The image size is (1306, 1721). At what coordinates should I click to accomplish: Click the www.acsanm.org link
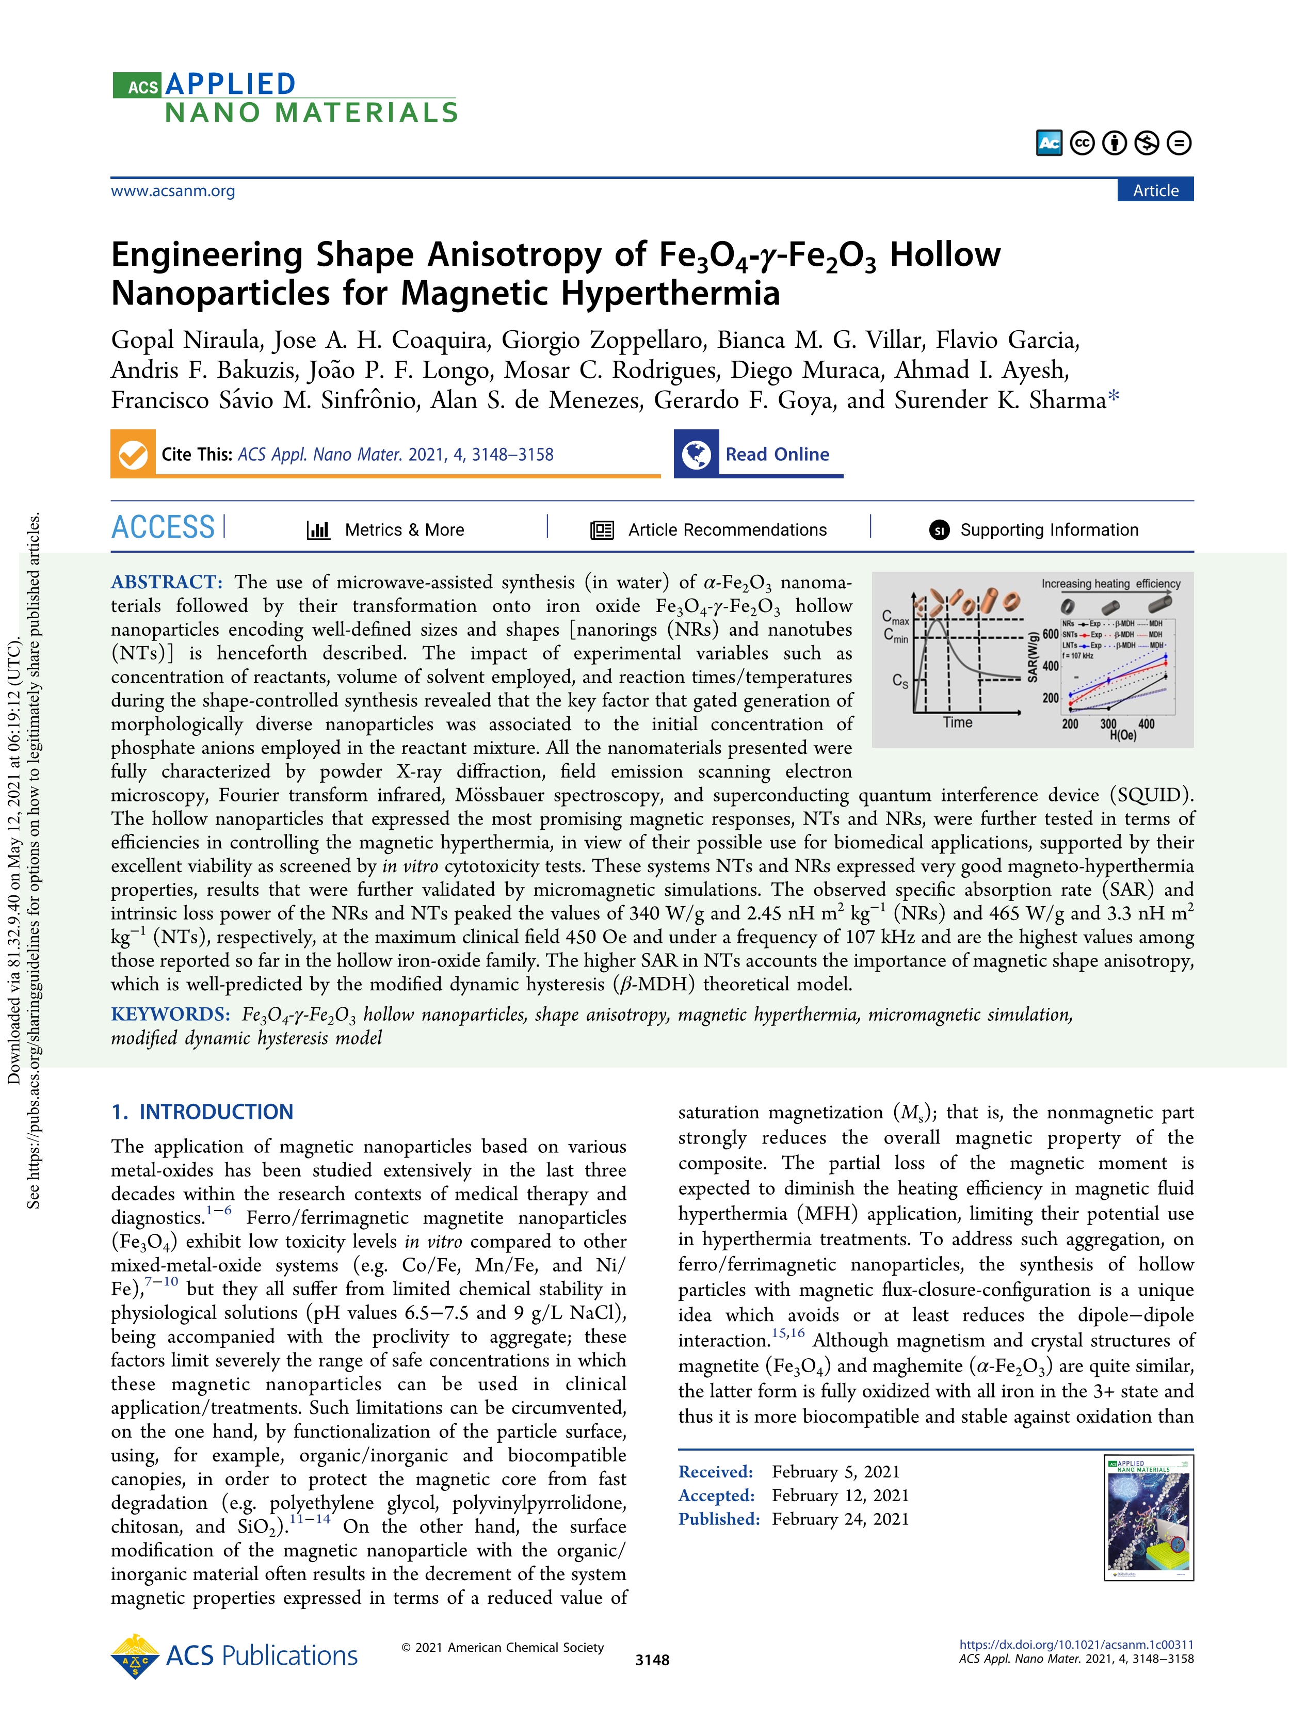(x=173, y=190)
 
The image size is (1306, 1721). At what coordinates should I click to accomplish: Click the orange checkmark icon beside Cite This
(x=133, y=454)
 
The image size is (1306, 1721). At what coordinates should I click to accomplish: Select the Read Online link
(x=777, y=454)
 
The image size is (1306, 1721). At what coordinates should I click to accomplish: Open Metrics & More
(x=404, y=530)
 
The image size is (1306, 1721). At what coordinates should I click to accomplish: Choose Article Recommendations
(x=727, y=530)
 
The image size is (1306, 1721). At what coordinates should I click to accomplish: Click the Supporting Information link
(x=1049, y=530)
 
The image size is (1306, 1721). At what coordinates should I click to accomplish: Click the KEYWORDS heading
(x=170, y=1015)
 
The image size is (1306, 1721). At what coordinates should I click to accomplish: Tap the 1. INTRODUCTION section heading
(x=202, y=1112)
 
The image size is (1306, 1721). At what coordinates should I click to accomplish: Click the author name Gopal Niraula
(x=184, y=340)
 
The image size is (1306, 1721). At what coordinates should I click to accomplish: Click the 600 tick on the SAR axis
(x=1050, y=634)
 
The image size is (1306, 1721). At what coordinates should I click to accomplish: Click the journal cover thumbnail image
(x=1148, y=1517)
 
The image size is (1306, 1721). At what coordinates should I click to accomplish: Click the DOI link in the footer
(x=1076, y=1645)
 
